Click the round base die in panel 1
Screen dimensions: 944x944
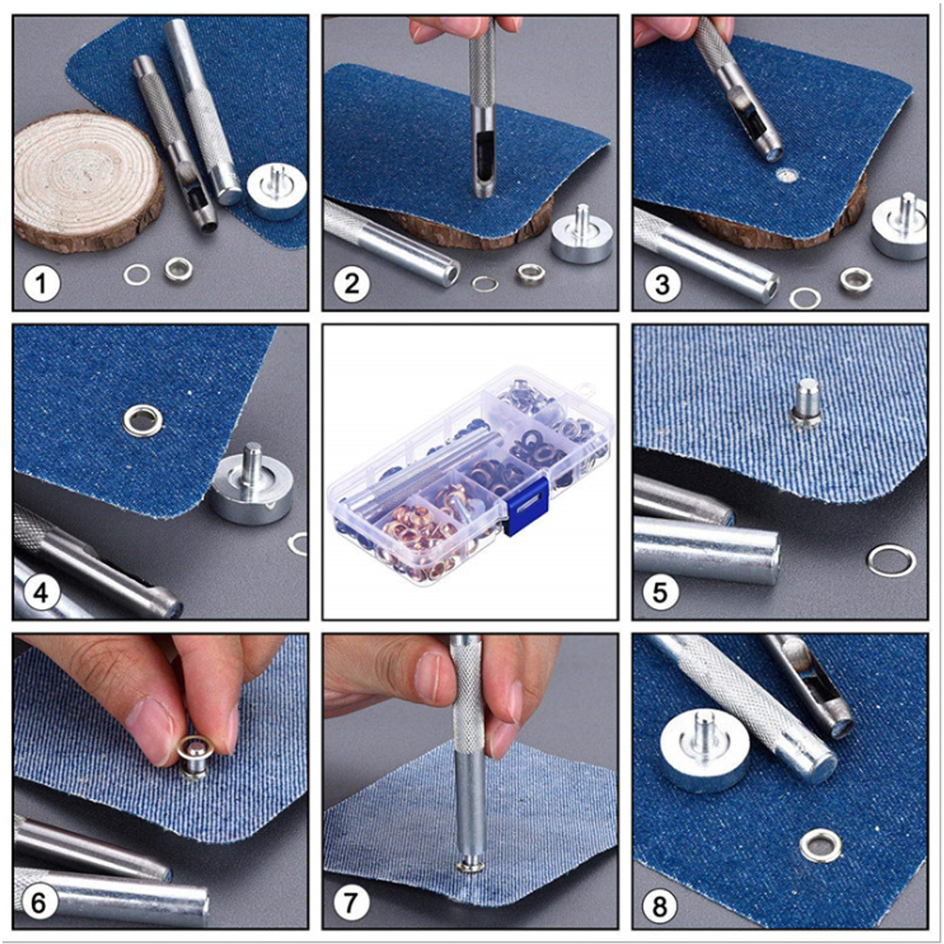pyautogui.click(x=276, y=190)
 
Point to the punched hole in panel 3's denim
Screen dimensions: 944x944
pyautogui.click(x=784, y=177)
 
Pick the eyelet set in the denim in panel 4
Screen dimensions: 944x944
pyautogui.click(x=142, y=420)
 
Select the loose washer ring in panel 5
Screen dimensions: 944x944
pyautogui.click(x=891, y=560)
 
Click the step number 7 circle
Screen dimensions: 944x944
pyautogui.click(x=351, y=902)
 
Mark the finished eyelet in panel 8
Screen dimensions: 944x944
pyautogui.click(x=820, y=847)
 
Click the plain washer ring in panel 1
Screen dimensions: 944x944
pyautogui.click(x=137, y=275)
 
